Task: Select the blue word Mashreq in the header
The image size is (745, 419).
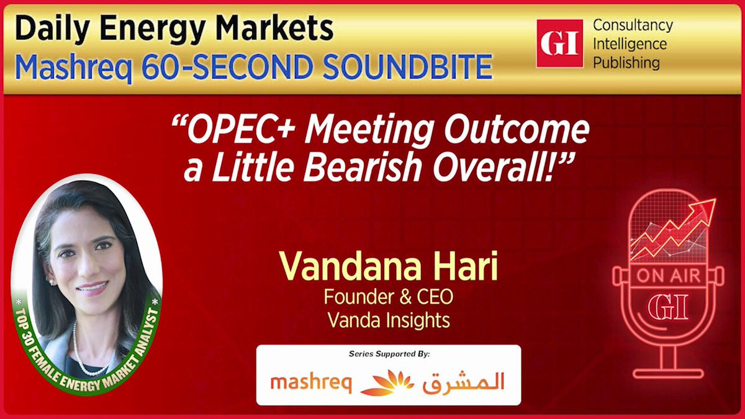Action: click(73, 67)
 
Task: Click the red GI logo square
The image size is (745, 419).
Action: click(560, 43)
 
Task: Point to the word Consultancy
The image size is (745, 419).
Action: click(633, 26)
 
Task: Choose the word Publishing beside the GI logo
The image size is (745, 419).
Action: click(626, 63)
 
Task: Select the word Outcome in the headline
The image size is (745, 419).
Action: click(517, 128)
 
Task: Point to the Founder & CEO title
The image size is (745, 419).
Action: click(389, 297)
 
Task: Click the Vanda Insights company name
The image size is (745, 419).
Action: click(389, 320)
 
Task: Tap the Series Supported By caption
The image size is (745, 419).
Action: click(389, 354)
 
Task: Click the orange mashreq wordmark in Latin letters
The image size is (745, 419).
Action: click(311, 384)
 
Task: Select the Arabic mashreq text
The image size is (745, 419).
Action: click(464, 382)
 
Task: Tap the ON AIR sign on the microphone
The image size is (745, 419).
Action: click(669, 276)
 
